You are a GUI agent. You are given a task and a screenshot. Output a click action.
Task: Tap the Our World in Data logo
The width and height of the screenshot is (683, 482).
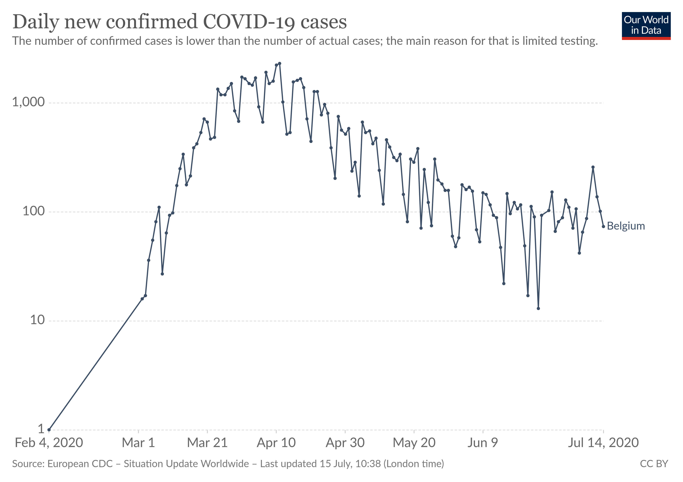point(646,26)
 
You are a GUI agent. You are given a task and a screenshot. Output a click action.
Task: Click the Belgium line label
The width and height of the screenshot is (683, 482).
point(626,226)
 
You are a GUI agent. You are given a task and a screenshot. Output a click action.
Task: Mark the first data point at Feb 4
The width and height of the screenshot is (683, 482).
point(49,430)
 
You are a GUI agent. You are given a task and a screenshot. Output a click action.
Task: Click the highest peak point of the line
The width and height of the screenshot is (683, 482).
point(280,63)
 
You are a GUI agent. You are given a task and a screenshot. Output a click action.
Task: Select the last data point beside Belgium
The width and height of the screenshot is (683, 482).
point(603,227)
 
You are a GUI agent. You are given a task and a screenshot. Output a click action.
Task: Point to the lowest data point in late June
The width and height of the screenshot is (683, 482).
point(538,308)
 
